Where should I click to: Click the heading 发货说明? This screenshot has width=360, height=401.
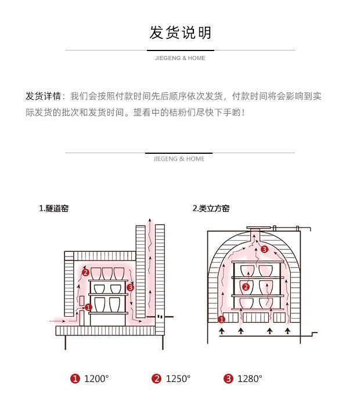tap(180, 32)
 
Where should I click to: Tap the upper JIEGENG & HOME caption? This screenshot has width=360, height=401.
tap(180, 58)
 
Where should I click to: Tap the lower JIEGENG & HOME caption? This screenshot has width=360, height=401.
tap(179, 158)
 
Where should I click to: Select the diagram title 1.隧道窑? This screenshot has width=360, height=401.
tap(53, 208)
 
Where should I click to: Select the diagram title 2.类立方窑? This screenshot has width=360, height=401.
tap(211, 208)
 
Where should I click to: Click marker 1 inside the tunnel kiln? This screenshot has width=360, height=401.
tap(88, 307)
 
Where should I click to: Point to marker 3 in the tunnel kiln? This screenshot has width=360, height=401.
tap(130, 287)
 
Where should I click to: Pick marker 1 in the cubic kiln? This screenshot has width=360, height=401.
tap(221, 319)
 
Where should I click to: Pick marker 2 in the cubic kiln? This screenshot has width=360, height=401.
tap(246, 287)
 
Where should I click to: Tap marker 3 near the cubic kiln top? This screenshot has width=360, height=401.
tap(264, 250)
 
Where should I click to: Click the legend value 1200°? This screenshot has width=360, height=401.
tap(96, 379)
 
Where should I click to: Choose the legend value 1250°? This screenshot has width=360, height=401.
tap(178, 379)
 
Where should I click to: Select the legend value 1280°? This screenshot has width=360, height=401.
tap(250, 379)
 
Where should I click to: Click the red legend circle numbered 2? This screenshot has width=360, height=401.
tap(156, 379)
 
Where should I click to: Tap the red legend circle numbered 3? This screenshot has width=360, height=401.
tap(228, 379)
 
